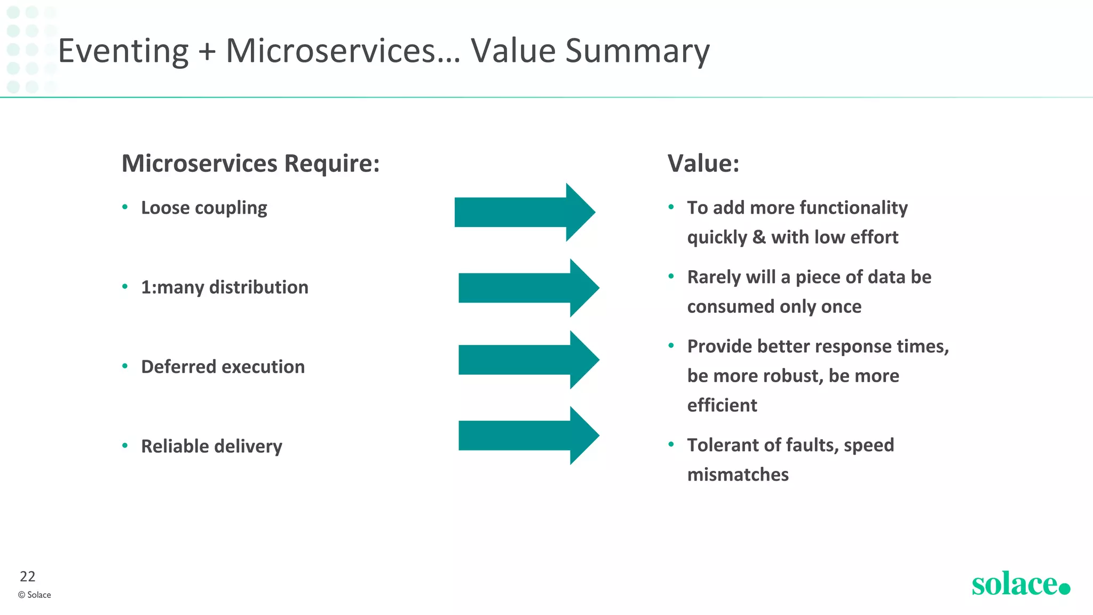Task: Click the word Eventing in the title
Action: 123,51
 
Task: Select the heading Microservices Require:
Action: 250,163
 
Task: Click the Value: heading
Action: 703,163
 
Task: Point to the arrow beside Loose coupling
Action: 525,212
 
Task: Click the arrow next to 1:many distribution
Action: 528,288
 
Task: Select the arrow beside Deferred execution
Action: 528,360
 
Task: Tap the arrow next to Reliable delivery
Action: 528,436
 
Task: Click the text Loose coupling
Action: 204,208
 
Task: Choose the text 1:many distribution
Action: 224,287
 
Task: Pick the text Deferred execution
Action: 223,367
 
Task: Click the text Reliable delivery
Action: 211,446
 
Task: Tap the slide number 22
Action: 27,577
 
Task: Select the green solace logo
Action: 1020,584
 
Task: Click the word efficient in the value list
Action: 722,405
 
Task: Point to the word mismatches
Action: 738,475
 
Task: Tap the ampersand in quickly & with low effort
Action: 759,237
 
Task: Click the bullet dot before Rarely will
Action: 671,276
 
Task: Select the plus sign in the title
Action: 207,52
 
